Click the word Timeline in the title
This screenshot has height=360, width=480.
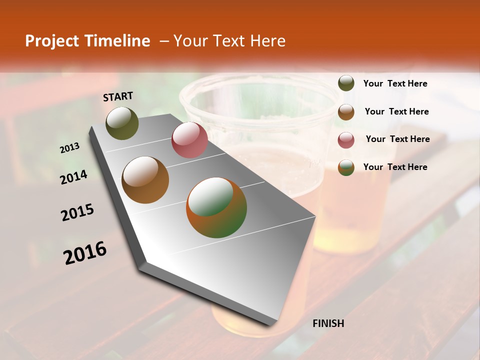[x=117, y=41]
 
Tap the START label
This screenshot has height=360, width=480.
[x=118, y=96]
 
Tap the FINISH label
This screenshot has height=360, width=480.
[x=328, y=323]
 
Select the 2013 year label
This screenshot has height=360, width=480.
[x=70, y=148]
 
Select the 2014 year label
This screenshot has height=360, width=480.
[x=74, y=177]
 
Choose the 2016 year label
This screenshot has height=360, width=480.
[x=85, y=253]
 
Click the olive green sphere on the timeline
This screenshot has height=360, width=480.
[x=122, y=123]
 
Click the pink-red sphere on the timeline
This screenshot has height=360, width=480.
[x=189, y=140]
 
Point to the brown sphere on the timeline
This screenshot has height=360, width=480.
[x=145, y=179]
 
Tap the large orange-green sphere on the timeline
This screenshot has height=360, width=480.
[x=216, y=207]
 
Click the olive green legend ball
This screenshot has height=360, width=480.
[x=346, y=83]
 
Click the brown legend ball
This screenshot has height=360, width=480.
[x=346, y=111]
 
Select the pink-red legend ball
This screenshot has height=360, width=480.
[x=346, y=140]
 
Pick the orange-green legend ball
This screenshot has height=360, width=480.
[x=346, y=167]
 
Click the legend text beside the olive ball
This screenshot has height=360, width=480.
[x=395, y=83]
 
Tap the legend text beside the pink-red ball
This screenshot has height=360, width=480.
[x=397, y=139]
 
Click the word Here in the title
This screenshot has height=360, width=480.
[x=267, y=41]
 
